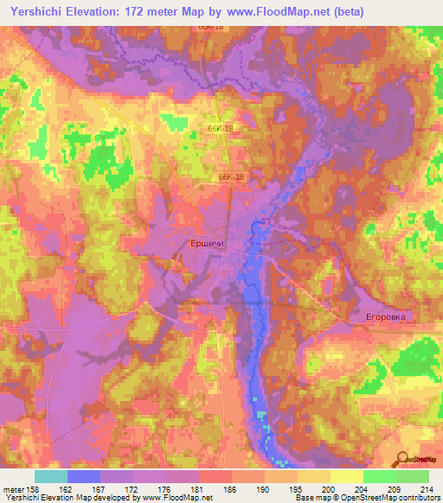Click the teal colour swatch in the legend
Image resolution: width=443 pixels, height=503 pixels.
click(51, 476)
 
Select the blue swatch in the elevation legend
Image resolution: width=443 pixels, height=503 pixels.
click(84, 476)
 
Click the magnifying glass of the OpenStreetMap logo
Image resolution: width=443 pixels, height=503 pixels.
click(402, 459)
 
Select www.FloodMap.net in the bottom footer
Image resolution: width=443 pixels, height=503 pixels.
click(180, 499)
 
